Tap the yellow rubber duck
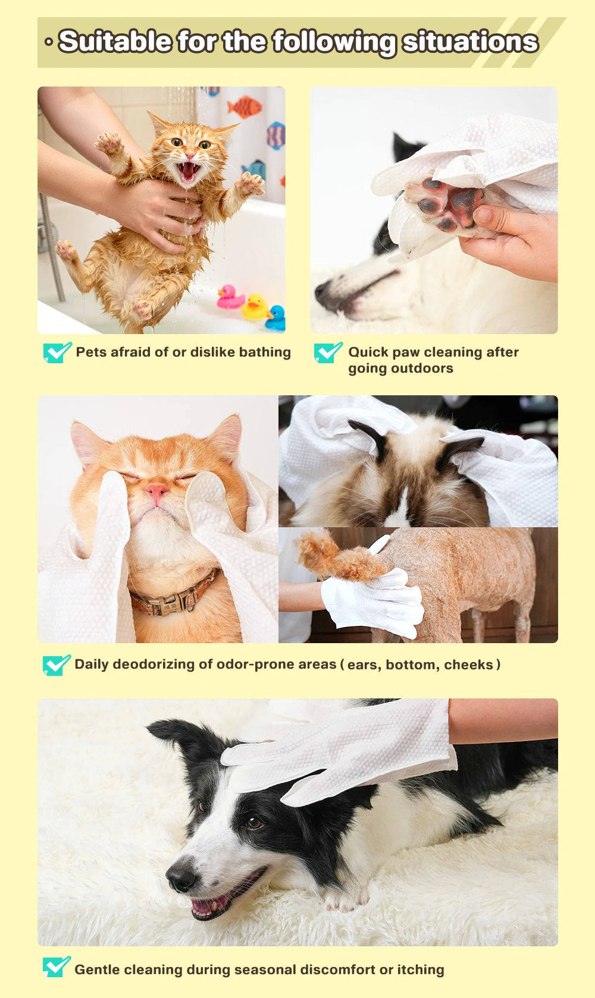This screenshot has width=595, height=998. (x=255, y=307)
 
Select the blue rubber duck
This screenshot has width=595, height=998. (x=276, y=317)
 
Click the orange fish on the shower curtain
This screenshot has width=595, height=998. (x=244, y=107)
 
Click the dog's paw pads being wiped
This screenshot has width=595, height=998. (x=448, y=203)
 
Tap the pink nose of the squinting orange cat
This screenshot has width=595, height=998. (x=156, y=492)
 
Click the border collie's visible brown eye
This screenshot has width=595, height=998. (x=253, y=823)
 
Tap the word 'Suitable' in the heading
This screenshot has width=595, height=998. (x=115, y=42)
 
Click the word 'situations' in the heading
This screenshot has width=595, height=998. (x=470, y=42)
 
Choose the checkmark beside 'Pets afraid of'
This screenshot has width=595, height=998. (x=57, y=352)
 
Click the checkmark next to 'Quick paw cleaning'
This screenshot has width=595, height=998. (x=328, y=352)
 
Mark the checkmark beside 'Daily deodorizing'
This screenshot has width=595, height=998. (x=57, y=665)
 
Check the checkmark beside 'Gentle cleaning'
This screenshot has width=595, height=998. (x=57, y=967)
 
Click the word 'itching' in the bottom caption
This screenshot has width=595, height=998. (x=421, y=969)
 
